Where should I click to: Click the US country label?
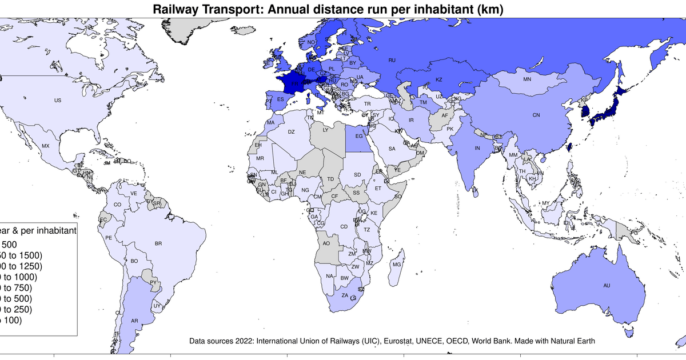pyautogui.click(x=57, y=101)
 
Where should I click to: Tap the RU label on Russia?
pyautogui.click(x=392, y=60)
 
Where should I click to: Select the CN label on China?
pyautogui.click(x=536, y=115)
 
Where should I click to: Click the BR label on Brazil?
pyautogui.click(x=158, y=243)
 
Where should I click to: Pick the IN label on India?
pyautogui.click(x=477, y=149)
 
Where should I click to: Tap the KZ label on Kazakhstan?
pyautogui.click(x=439, y=80)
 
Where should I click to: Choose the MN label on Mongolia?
pyautogui.click(x=527, y=79)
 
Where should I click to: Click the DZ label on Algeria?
pyautogui.click(x=291, y=132)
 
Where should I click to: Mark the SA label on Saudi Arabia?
pyautogui.click(x=392, y=149)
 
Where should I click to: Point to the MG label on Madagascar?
pyautogui.click(x=397, y=265)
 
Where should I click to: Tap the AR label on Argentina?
pyautogui.click(x=135, y=321)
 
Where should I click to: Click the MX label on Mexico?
pyautogui.click(x=46, y=146)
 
